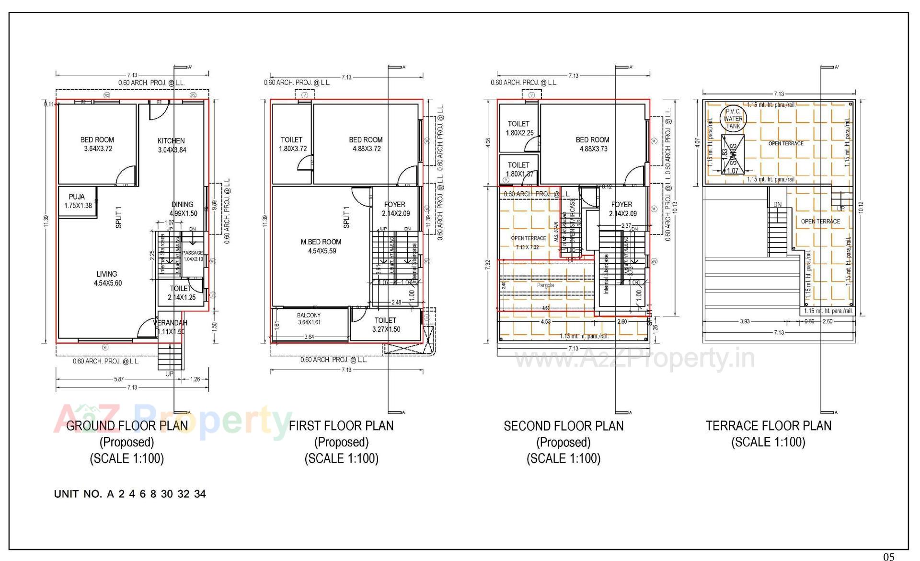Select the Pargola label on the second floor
click(545, 285)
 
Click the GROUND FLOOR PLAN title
click(127, 426)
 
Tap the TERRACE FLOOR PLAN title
click(768, 426)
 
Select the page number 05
click(888, 556)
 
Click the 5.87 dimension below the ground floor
click(118, 379)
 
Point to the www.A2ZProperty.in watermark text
click(634, 359)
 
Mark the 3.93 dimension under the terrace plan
click(745, 321)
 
